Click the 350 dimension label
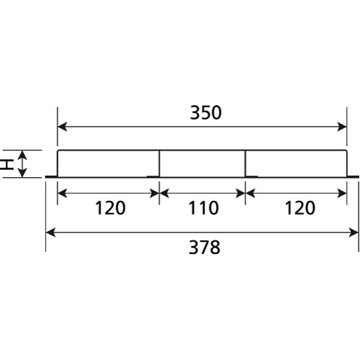(x=206, y=112)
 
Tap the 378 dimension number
(x=204, y=248)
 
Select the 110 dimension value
(x=203, y=208)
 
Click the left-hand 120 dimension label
(x=110, y=208)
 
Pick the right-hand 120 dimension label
(x=300, y=208)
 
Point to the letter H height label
(x=6, y=164)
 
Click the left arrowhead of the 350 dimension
(x=62, y=127)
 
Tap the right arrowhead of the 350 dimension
(x=342, y=127)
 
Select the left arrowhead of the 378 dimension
(x=50, y=233)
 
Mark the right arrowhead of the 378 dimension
(x=354, y=233)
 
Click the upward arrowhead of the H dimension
(x=22, y=155)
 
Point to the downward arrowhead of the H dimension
(x=22, y=173)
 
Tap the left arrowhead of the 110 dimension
(x=164, y=193)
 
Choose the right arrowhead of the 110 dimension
(x=240, y=193)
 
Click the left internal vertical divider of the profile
(x=159, y=163)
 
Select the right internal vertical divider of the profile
(x=245, y=163)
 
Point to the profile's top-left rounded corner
(x=58, y=150)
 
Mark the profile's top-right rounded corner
(x=346, y=150)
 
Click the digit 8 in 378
(x=215, y=248)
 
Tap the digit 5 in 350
(x=206, y=112)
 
